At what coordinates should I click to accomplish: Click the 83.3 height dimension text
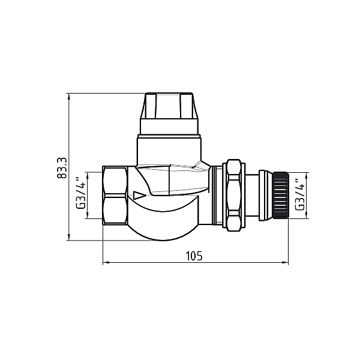(x=62, y=168)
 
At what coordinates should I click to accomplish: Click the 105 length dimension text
(x=194, y=256)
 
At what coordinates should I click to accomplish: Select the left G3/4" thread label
(x=81, y=193)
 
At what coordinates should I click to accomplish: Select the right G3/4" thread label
(x=300, y=194)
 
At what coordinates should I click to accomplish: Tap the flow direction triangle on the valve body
(x=139, y=195)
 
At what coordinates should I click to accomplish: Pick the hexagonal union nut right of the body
(x=234, y=195)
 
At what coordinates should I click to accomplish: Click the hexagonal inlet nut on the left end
(x=115, y=195)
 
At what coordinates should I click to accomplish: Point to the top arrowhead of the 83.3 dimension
(x=69, y=96)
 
